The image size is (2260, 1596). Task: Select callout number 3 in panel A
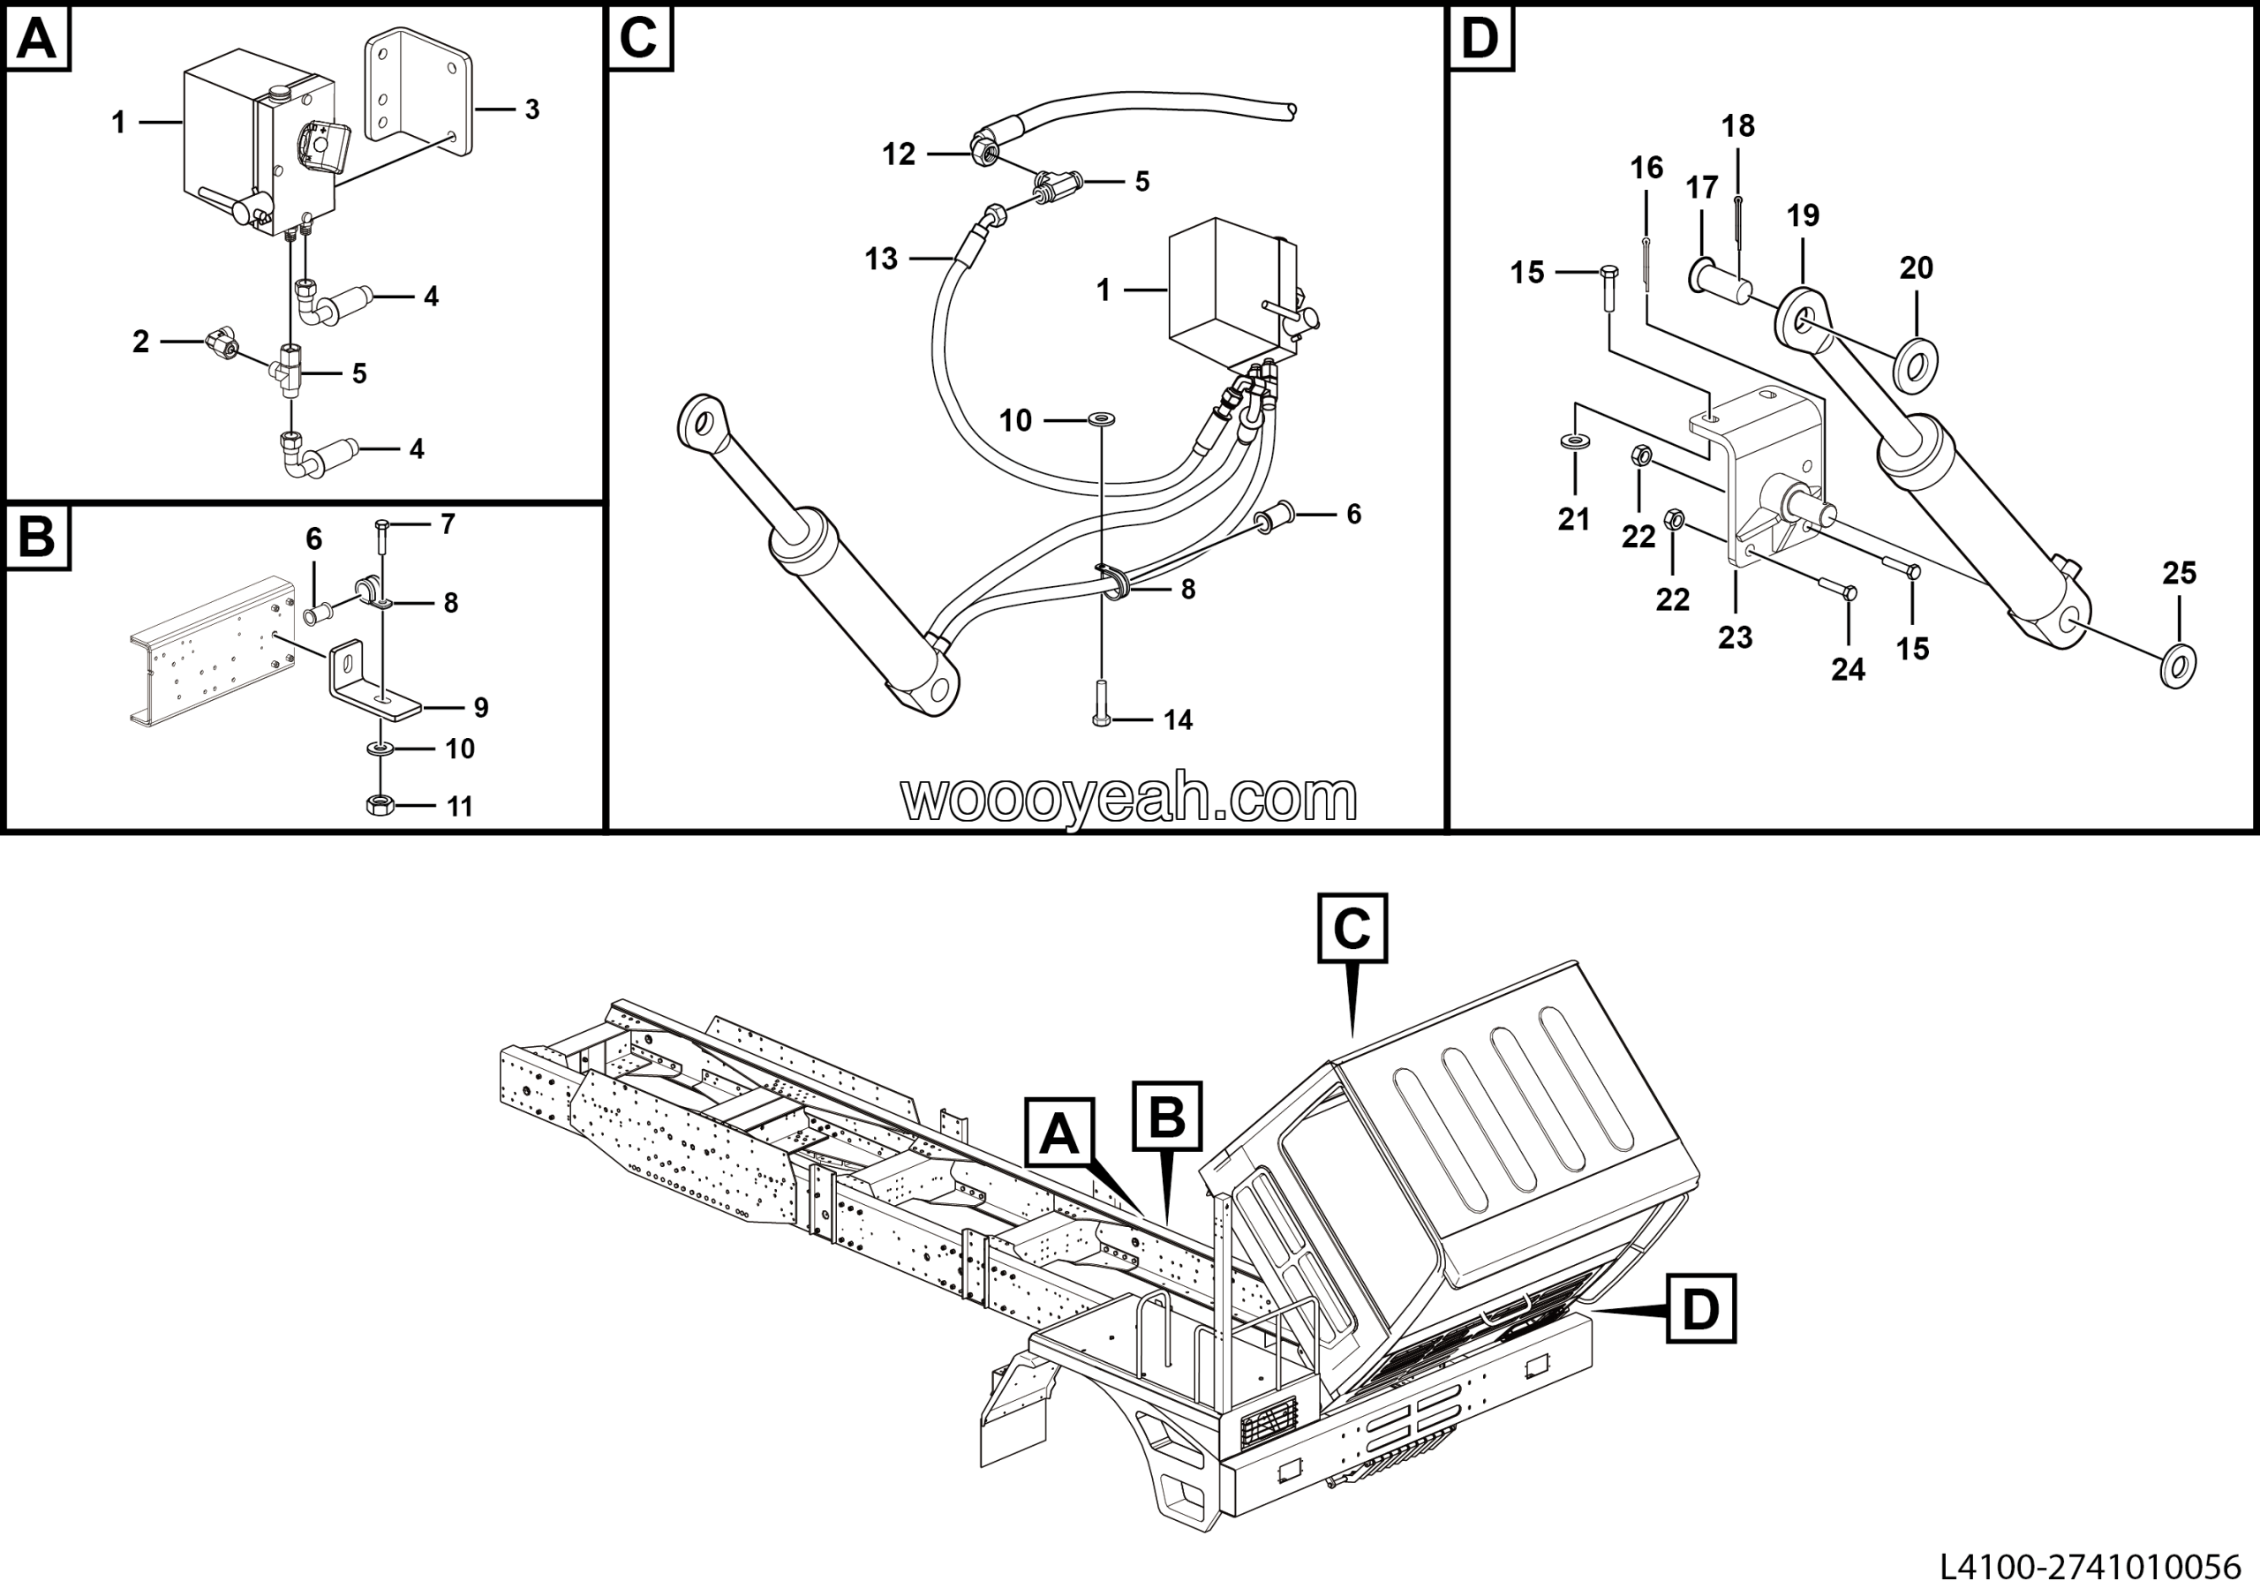[531, 109]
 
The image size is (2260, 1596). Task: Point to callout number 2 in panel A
[140, 342]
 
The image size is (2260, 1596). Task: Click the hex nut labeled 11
[380, 804]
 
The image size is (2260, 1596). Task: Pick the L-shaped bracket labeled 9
[372, 679]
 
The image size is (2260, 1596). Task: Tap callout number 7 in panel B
[448, 524]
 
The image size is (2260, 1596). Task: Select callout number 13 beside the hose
[881, 259]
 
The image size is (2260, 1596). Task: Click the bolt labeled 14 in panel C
[1102, 704]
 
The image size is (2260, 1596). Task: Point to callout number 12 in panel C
[898, 154]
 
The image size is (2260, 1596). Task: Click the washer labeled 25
[2177, 666]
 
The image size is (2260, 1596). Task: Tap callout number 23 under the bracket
[1736, 637]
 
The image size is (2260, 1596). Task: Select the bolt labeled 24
[1834, 587]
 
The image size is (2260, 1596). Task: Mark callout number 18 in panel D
[1738, 126]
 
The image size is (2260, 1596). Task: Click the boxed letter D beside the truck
[1701, 1309]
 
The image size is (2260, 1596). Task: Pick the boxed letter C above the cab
[1352, 928]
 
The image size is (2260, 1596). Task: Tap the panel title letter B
[37, 538]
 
